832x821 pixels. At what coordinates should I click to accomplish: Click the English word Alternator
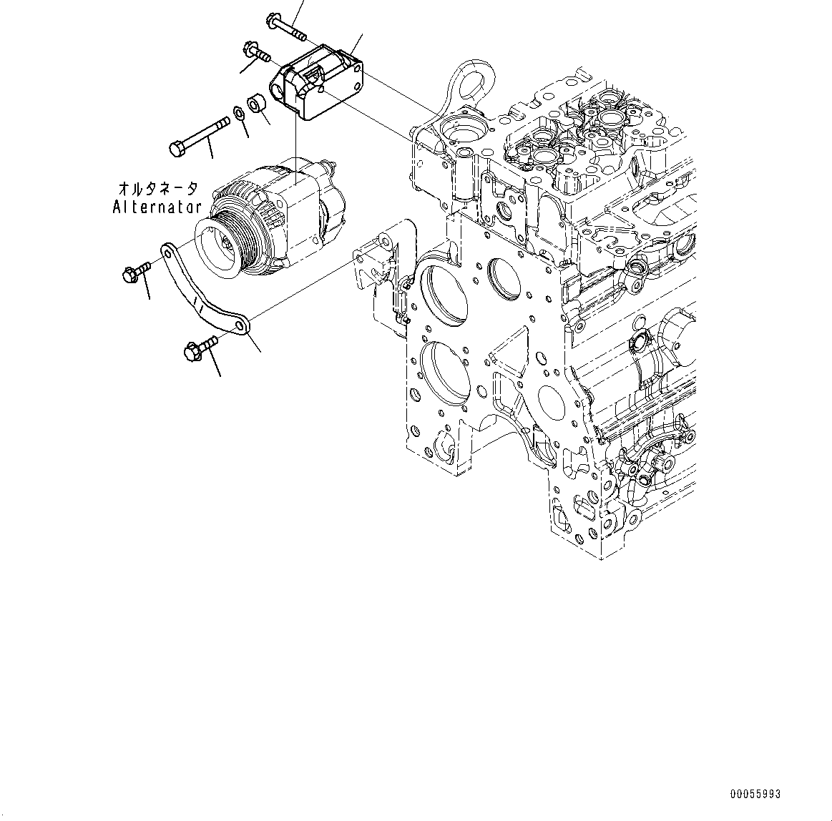coord(157,207)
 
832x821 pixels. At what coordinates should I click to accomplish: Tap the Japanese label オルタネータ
coord(158,189)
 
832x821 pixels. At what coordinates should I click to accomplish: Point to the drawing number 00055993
coord(755,794)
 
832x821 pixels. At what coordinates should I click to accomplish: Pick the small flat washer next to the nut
coord(237,113)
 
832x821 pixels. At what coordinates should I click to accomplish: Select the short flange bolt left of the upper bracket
coord(255,51)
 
